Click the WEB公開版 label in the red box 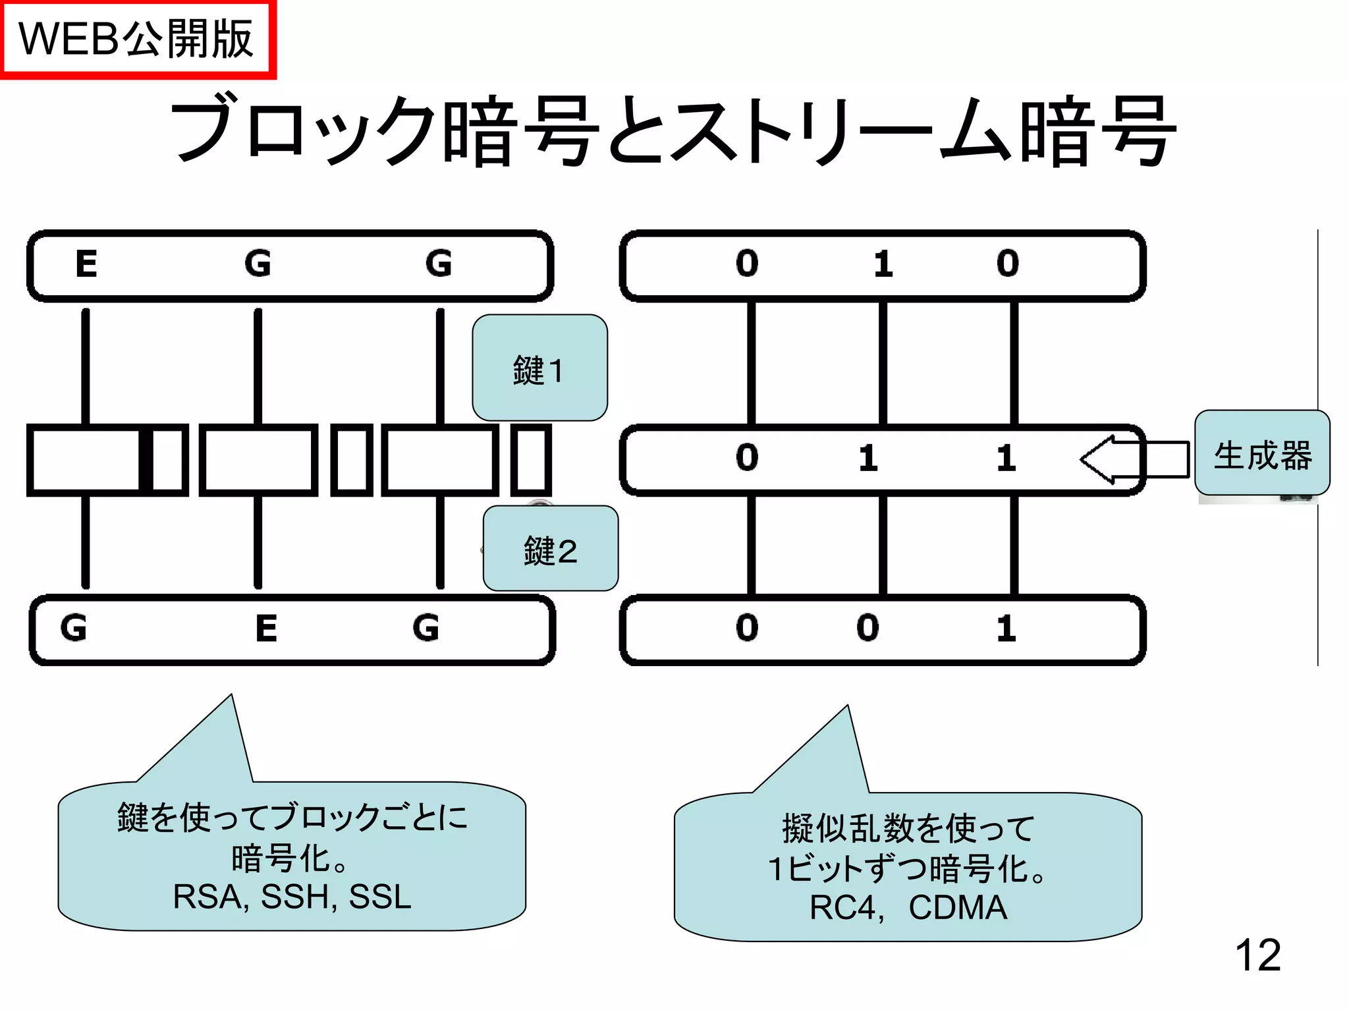(x=136, y=40)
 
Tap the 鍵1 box (x=539, y=368)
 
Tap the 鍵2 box (x=551, y=549)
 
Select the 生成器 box (x=1262, y=454)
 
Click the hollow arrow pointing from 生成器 (x=1133, y=459)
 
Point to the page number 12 (x=1257, y=955)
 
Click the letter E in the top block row (x=86, y=264)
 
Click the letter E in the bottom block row (x=266, y=628)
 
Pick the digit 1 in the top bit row (x=883, y=264)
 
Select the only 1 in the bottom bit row (x=1006, y=629)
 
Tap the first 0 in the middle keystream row (x=747, y=457)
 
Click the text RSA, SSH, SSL (x=292, y=897)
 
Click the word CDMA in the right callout (x=958, y=907)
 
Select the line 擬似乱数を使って (x=908, y=828)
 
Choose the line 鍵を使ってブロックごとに (x=292, y=817)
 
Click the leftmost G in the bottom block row (x=73, y=628)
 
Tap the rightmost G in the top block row (x=439, y=264)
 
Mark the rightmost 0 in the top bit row (x=1007, y=264)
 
